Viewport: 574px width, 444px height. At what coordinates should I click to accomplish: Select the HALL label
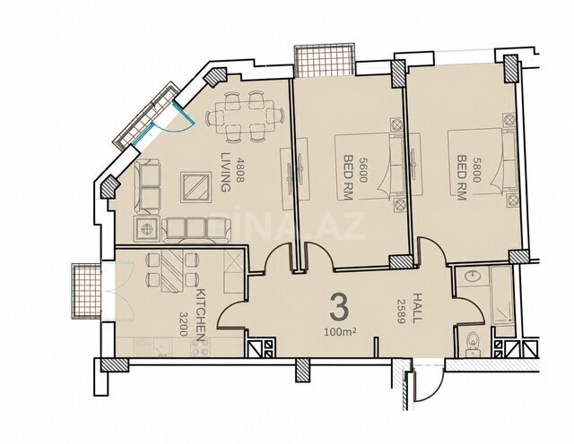pyautogui.click(x=416, y=308)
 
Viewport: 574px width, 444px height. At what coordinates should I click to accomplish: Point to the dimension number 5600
pyautogui.click(x=363, y=169)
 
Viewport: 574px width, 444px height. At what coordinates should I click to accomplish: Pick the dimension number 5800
pyautogui.click(x=476, y=169)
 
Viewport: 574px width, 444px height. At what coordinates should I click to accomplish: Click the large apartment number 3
pyautogui.click(x=339, y=309)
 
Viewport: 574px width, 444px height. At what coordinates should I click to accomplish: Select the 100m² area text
pyautogui.click(x=340, y=332)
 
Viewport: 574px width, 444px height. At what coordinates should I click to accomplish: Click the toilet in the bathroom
pyautogui.click(x=473, y=344)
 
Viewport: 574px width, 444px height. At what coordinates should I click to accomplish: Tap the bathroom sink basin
pyautogui.click(x=473, y=277)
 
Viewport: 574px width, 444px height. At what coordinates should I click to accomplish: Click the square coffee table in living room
pyautogui.click(x=196, y=187)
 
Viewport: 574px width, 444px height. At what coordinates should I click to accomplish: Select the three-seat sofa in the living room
pyautogui.click(x=196, y=229)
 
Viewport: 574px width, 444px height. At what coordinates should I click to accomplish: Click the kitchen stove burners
pyautogui.click(x=200, y=346)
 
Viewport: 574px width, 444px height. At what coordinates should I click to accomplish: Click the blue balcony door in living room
pyautogui.click(x=175, y=121)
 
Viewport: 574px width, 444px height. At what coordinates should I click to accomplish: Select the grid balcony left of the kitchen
pyautogui.click(x=86, y=291)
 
